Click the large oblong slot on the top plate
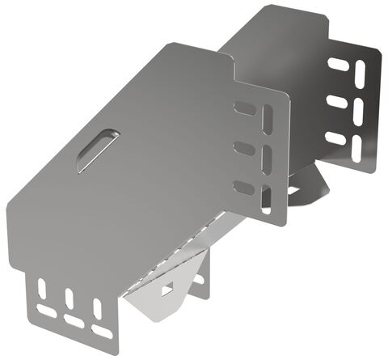97,150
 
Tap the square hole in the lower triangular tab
167,288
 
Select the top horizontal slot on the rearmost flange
338,64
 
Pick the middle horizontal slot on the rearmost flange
337,102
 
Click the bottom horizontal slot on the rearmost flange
335,138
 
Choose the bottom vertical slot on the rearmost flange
357,147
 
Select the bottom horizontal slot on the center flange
243,188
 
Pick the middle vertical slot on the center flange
267,159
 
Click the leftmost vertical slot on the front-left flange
40,288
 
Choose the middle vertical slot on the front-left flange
69,299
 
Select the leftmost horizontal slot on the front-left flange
47,310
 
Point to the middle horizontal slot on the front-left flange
74,321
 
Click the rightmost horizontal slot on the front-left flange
103,332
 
